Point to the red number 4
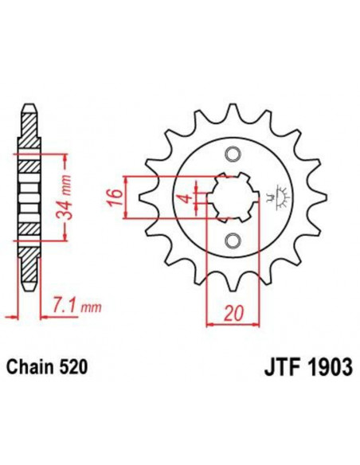point(186,197)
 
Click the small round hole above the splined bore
point(233,154)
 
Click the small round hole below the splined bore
point(233,240)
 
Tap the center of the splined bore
point(229,197)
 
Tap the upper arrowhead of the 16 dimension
point(129,177)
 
